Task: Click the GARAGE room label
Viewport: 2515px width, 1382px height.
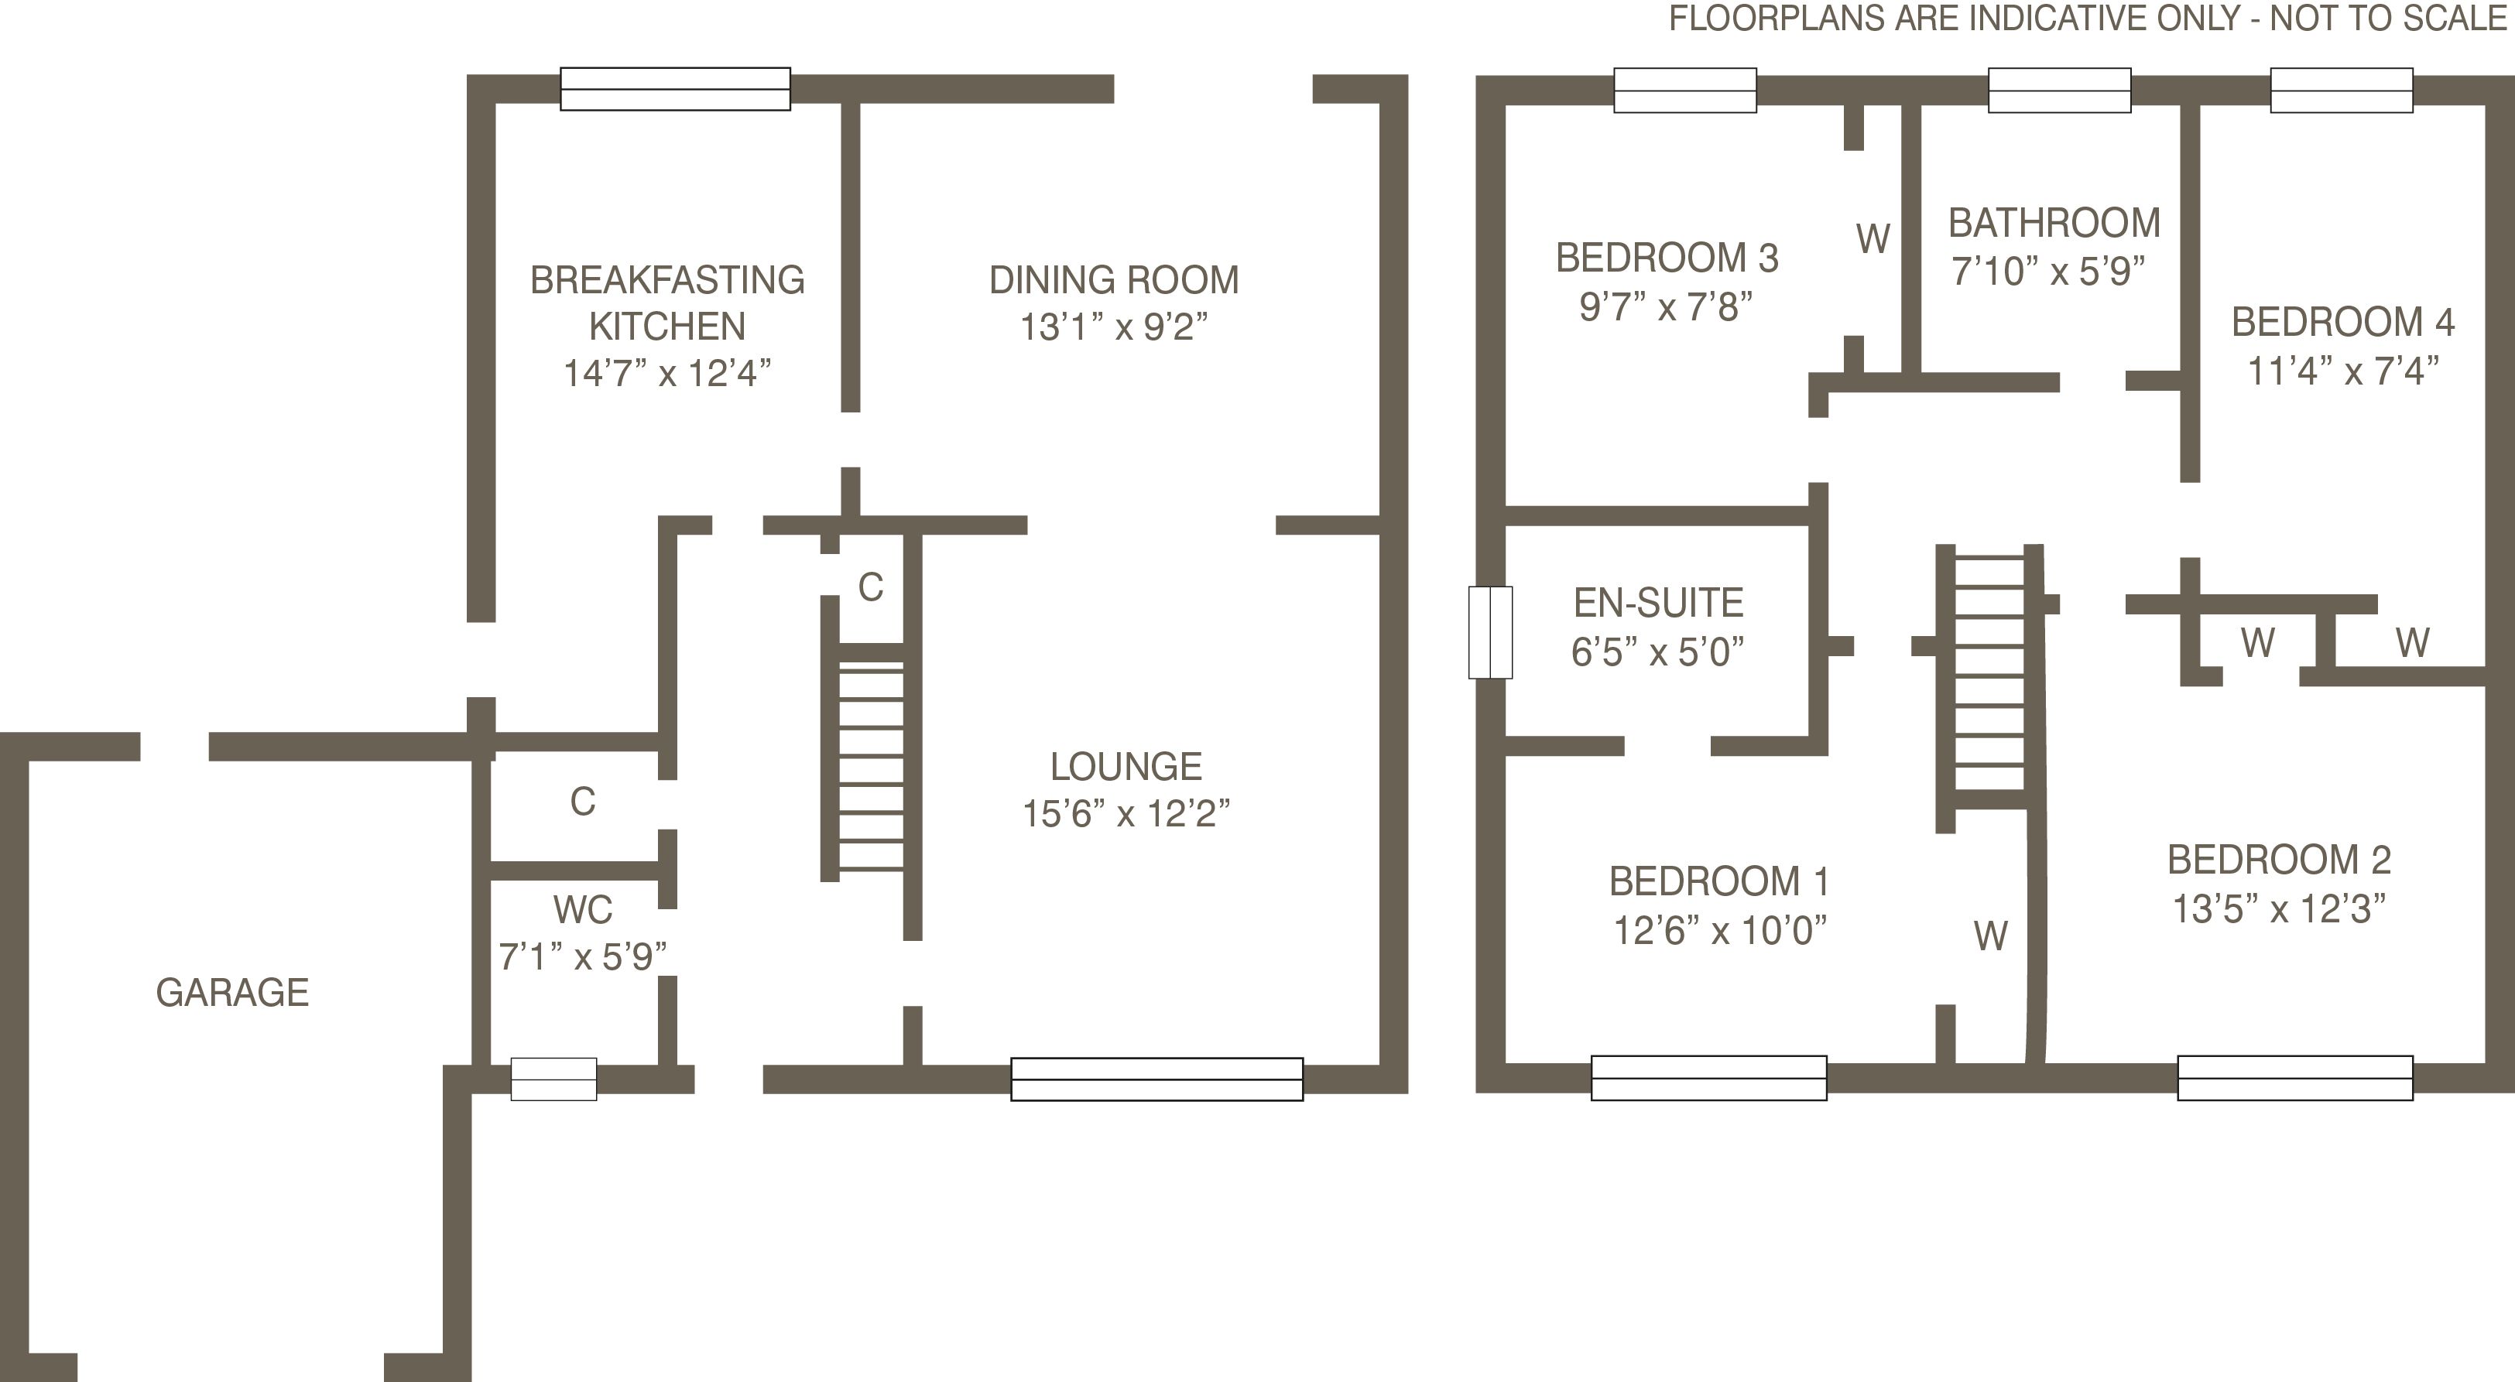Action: [232, 993]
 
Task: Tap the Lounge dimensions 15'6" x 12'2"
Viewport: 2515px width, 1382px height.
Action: [1126, 813]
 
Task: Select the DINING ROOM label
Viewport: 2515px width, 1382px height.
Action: [1114, 280]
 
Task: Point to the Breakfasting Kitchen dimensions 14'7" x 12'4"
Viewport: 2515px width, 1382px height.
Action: [666, 373]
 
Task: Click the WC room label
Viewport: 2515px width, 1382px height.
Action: [583, 910]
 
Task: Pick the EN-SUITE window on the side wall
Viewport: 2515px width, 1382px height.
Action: [1490, 631]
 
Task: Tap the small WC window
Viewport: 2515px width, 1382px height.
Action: [553, 1079]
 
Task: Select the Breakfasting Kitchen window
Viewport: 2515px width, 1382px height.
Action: [675, 89]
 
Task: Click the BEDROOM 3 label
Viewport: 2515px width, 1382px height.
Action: [1667, 258]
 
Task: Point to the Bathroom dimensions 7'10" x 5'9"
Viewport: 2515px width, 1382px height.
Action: [2047, 270]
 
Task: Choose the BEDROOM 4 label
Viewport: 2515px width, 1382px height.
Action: [2342, 322]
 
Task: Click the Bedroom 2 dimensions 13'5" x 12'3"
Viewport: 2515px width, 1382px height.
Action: [2279, 908]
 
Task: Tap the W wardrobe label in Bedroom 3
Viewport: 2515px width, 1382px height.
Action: [1873, 239]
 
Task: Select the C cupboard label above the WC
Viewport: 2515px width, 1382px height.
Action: [583, 802]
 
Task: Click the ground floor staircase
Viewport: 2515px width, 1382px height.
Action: [871, 761]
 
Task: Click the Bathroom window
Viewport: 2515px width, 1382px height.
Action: [2059, 90]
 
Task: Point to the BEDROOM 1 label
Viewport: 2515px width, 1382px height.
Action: [1718, 881]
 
